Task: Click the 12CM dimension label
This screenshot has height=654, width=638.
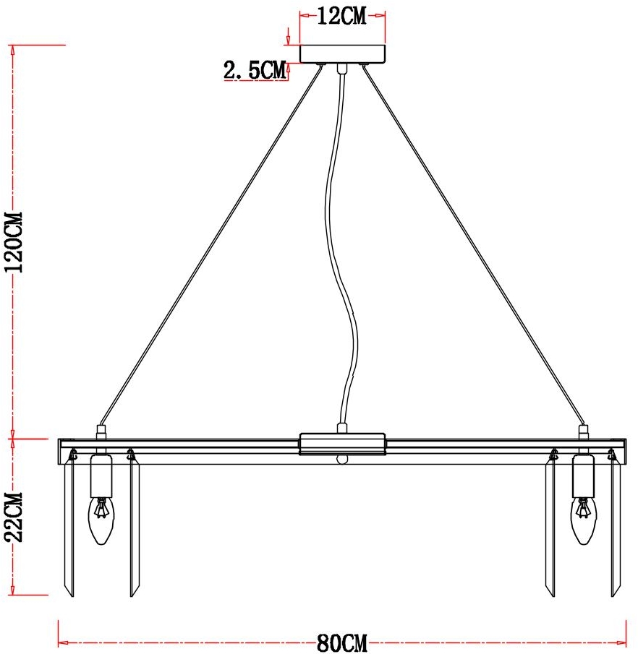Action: [342, 17]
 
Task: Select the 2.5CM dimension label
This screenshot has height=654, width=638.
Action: [255, 69]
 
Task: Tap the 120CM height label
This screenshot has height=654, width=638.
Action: [14, 242]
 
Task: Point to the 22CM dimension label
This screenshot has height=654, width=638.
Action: [14, 517]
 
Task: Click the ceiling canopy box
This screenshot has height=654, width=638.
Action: [343, 54]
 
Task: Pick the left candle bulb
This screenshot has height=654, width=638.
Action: [101, 520]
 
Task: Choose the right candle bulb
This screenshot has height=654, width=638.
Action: [584, 520]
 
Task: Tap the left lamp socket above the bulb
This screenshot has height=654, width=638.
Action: [101, 476]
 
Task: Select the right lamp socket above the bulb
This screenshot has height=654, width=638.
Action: [583, 476]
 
